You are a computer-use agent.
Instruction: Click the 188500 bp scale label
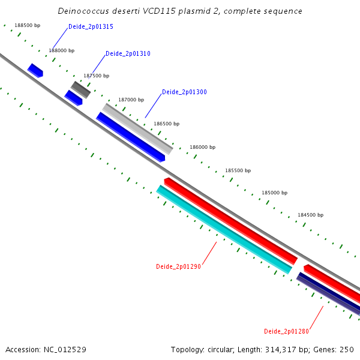pos(27,26)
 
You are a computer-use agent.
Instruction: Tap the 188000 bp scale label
pos(61,51)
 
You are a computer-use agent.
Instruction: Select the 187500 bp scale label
pos(96,76)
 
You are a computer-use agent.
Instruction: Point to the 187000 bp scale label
pos(131,100)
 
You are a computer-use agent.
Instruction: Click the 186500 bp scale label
pos(166,124)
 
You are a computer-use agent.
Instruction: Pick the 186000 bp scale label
pos(202,147)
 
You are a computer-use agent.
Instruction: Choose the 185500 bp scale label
pos(238,170)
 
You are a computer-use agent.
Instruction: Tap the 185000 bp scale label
pos(274,193)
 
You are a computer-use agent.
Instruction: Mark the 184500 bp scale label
pos(310,215)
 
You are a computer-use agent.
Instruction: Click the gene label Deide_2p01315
pos(91,27)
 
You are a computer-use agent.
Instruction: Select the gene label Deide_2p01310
pos(128,54)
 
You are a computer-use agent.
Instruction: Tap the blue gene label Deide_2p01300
pos(184,92)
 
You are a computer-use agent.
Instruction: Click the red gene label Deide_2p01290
pos(178,266)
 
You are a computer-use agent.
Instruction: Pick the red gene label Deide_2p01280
pos(286,331)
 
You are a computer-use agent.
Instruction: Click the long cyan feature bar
pos(223,229)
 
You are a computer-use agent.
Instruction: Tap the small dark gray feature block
pos(80,89)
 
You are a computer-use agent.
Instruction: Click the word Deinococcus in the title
pos(84,11)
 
